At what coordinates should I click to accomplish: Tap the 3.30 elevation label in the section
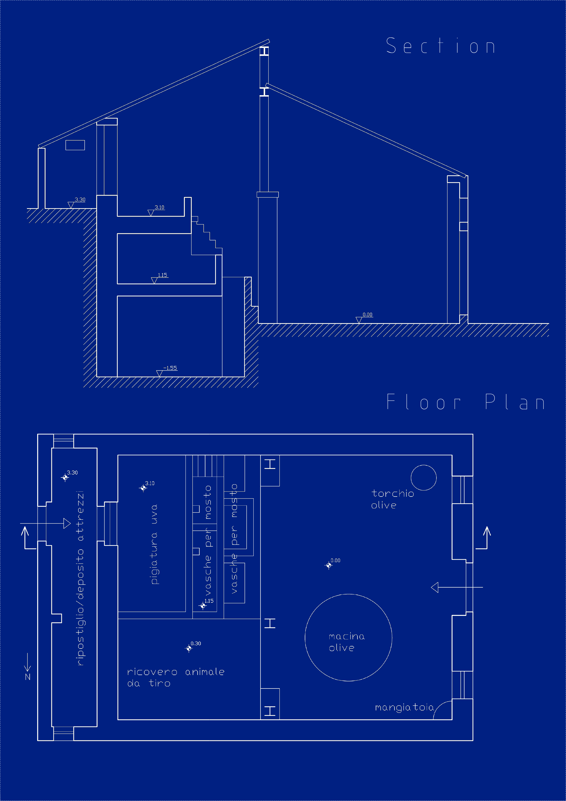[x=80, y=200]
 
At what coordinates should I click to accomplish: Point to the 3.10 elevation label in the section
[x=159, y=207]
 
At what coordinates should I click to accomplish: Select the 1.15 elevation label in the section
[x=162, y=275]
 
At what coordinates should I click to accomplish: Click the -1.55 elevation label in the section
[x=170, y=368]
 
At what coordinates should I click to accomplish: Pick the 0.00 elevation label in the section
[x=367, y=314]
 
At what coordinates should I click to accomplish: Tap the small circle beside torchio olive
[x=423, y=478]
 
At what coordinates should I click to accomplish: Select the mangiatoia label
[x=404, y=707]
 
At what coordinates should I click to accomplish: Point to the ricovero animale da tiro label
[x=175, y=677]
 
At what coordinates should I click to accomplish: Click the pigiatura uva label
[x=154, y=544]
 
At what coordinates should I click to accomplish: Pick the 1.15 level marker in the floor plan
[x=203, y=606]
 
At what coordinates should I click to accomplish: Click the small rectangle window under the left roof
[x=75, y=145]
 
